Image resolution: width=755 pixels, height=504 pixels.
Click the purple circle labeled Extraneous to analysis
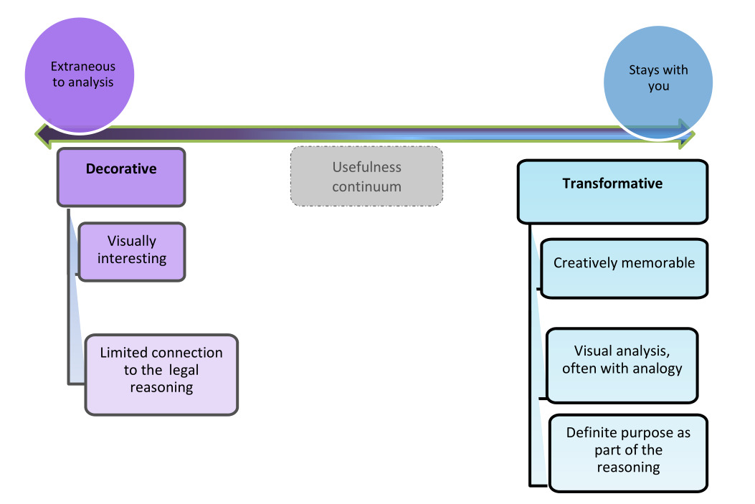point(80,79)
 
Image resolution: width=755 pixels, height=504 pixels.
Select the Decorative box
point(121,176)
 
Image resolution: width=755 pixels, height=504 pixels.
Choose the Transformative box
point(612,191)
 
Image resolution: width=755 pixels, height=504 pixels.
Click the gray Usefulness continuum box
point(366,176)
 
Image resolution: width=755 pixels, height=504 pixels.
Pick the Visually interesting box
point(132,251)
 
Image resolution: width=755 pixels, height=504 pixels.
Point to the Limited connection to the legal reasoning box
point(161,374)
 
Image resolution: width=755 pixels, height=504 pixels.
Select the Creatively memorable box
point(624,267)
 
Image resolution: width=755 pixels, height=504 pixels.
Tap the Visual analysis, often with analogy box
point(622,365)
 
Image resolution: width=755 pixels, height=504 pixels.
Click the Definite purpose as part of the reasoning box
point(628,452)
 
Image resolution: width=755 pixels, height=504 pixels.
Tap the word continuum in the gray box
point(366,186)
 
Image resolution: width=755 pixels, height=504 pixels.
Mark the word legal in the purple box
point(184,370)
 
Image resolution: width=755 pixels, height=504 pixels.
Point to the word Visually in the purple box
point(132,241)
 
